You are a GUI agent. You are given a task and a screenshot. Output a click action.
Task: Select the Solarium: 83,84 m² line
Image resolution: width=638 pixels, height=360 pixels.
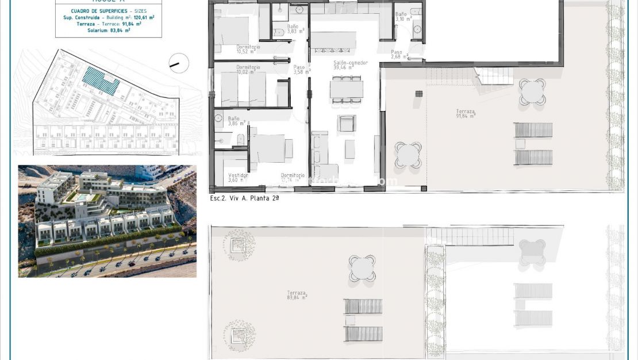(x=109, y=30)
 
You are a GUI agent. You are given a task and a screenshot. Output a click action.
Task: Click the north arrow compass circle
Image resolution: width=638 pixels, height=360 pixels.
(x=179, y=63)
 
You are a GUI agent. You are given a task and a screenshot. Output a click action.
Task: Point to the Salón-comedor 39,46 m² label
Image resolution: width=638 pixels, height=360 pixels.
(x=350, y=65)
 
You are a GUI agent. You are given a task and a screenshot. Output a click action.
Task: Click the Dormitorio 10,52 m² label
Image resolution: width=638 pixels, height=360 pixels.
(x=248, y=48)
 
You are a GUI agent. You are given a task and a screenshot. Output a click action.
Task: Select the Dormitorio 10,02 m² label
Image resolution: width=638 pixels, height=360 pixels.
(x=248, y=70)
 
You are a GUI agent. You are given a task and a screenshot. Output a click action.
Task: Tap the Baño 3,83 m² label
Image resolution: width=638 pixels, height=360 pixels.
(x=294, y=29)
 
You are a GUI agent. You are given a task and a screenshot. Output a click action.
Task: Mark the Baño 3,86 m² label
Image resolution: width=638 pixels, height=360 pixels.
(x=236, y=121)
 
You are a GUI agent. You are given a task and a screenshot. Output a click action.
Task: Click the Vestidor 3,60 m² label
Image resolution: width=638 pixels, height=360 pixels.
(x=237, y=178)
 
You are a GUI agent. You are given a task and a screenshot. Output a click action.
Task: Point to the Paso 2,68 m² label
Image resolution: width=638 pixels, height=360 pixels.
(x=399, y=55)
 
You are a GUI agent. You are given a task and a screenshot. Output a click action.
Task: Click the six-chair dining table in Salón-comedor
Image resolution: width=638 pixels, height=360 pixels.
(x=347, y=90)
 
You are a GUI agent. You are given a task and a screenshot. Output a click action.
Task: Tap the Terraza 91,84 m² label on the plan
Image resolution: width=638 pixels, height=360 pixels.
(x=465, y=113)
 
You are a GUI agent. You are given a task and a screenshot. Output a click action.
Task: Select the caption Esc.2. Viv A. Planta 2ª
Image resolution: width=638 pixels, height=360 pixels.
(x=245, y=197)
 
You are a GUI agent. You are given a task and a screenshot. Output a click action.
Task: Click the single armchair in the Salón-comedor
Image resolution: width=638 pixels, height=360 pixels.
(x=347, y=123)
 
